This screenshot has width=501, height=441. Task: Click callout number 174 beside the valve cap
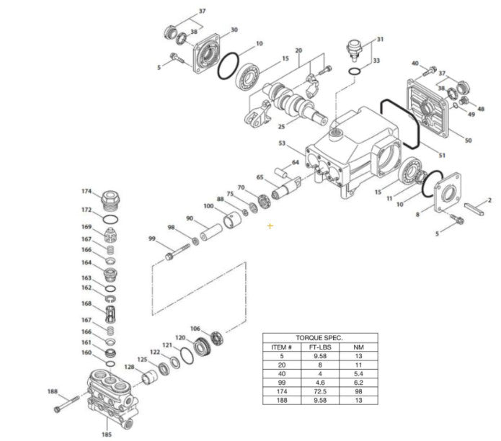[x=87, y=191]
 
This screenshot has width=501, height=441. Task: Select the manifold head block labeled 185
[x=110, y=393]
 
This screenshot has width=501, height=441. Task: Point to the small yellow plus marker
[x=270, y=226]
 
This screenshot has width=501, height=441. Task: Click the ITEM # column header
[x=278, y=345]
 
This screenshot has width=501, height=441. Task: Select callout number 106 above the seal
[x=195, y=329]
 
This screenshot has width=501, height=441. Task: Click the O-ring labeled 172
[x=110, y=219]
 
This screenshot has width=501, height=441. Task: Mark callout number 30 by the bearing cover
[x=234, y=30]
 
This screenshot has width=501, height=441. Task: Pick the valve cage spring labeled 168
[x=110, y=312]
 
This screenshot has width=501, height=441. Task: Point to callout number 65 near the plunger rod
[x=260, y=177]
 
